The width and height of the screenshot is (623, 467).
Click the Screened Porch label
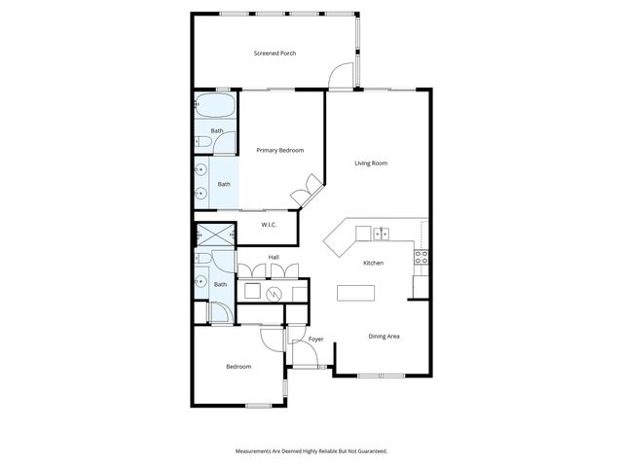tap(275, 53)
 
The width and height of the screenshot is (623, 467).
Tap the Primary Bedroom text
tap(280, 151)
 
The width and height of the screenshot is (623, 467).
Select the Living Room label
tap(371, 163)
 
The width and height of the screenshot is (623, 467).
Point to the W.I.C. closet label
tap(269, 226)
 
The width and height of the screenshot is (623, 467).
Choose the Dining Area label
tap(385, 337)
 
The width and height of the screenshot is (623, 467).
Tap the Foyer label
tap(315, 340)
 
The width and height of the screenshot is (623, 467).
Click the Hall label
tap(275, 257)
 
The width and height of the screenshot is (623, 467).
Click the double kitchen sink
tap(381, 233)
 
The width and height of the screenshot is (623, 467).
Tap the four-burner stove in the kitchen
tap(421, 257)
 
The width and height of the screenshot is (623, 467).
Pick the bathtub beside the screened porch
tap(214, 107)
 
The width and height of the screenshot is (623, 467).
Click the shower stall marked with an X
tap(214, 236)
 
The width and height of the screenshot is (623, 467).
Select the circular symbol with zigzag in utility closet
tap(275, 292)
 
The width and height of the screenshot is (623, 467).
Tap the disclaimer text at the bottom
tap(311, 451)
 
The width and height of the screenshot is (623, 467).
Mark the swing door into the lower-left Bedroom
tap(272, 338)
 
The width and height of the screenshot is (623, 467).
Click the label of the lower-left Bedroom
tap(238, 367)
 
